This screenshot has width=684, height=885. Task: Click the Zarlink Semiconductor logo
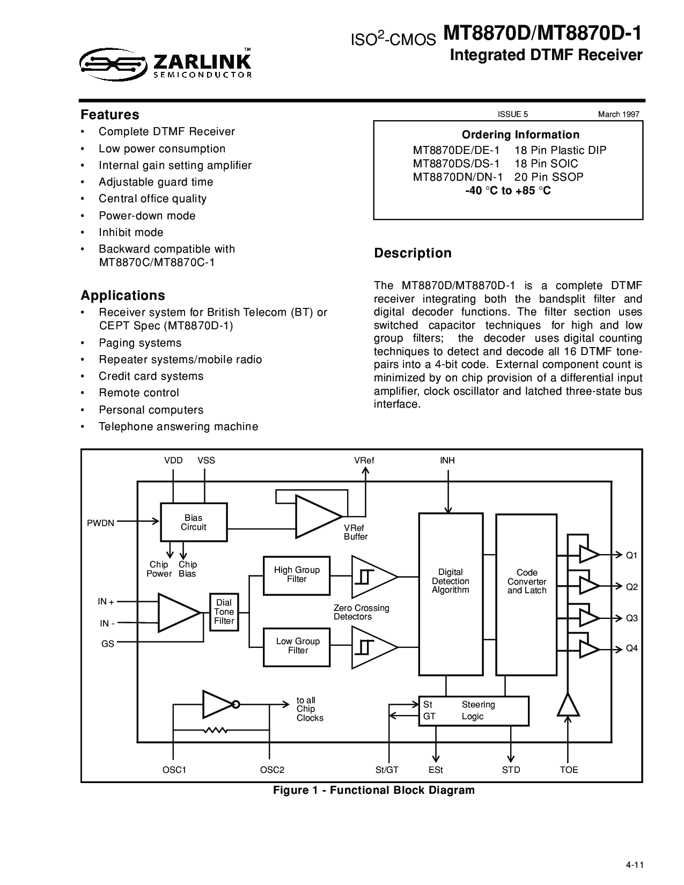click(167, 64)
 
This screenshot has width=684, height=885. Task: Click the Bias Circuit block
click(194, 522)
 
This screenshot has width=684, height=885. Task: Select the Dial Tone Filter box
click(224, 612)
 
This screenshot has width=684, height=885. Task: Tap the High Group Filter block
click(296, 575)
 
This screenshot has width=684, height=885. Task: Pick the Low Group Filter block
click(297, 646)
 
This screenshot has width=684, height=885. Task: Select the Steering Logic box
click(474, 711)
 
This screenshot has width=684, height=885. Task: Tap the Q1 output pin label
click(632, 555)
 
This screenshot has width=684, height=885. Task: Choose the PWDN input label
click(101, 523)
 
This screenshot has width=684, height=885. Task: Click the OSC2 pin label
click(272, 770)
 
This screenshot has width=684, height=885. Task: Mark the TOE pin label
click(569, 770)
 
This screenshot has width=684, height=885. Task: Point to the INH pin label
click(447, 460)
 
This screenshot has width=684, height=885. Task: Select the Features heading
click(109, 114)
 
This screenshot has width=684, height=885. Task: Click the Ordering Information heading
click(520, 135)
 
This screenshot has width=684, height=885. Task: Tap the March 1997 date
click(619, 114)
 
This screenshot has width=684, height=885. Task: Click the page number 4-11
click(634, 864)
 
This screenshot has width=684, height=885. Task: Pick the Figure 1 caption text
click(374, 790)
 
